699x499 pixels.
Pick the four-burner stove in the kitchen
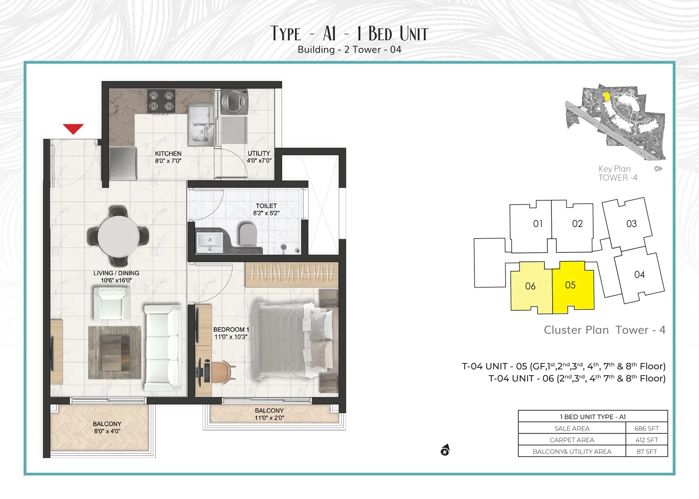click(161, 101)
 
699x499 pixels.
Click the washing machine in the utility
click(234, 102)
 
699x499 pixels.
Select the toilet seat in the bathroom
click(247, 234)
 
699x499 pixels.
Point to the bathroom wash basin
click(209, 241)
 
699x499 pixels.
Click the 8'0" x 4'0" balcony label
click(107, 427)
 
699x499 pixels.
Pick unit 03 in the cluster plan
click(631, 224)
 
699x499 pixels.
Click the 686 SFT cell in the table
click(646, 428)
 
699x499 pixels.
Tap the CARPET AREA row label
click(572, 440)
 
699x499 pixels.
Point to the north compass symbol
click(445, 450)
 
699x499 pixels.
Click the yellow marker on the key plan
click(607, 96)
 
